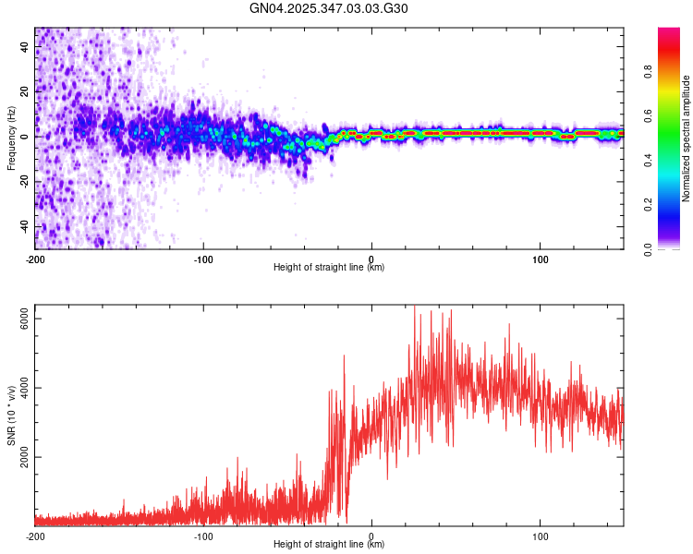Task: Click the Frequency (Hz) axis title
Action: (x=11, y=138)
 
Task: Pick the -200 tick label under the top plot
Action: (x=35, y=258)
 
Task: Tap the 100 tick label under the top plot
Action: (x=540, y=258)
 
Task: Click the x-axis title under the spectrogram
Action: (x=329, y=268)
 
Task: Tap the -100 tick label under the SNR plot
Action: (x=203, y=536)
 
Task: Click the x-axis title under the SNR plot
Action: (x=329, y=546)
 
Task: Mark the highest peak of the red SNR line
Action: (x=414, y=306)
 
